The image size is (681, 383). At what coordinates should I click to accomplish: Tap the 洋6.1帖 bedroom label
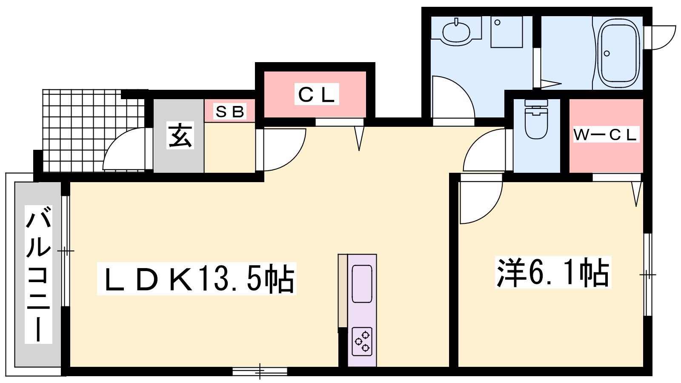tap(553, 272)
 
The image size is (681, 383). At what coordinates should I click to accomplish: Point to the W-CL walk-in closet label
tap(606, 134)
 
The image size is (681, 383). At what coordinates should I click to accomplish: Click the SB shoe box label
tap(230, 111)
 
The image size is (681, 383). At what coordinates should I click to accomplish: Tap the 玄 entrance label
tap(180, 135)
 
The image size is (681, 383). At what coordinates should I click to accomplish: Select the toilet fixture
tap(536, 121)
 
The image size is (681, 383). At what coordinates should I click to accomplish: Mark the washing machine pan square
tap(506, 32)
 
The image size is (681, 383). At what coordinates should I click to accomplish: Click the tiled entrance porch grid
tap(85, 128)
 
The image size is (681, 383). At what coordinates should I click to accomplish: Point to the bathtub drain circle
tap(607, 54)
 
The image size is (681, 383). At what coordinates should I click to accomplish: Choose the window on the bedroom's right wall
tap(647, 274)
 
